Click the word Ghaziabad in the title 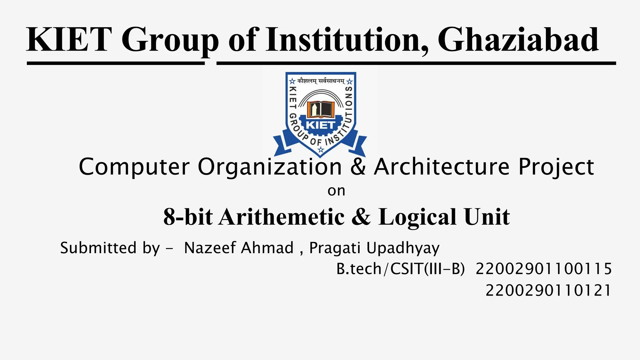tap(518, 40)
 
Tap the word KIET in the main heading tap(69, 40)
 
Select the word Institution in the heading tap(344, 40)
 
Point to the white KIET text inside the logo tap(321, 125)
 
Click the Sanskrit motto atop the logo tap(321, 81)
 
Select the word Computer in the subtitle tap(134, 167)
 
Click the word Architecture tap(442, 167)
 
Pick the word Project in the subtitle tap(556, 167)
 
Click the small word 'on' tap(336, 191)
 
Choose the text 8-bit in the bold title tap(188, 217)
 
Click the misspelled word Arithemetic tap(282, 217)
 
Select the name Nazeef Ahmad tap(239, 248)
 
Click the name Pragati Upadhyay tap(374, 248)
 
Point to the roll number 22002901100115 tap(543, 269)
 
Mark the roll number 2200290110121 tap(548, 290)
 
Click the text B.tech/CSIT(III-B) tap(401, 269)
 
